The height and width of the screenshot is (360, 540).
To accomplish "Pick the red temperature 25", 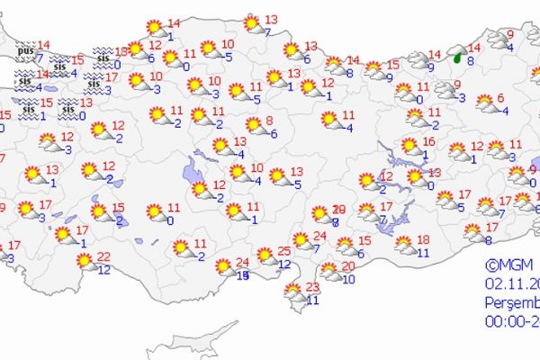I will pyautogui.click(x=283, y=250).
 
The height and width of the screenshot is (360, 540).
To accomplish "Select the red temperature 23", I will pyautogui.click(x=313, y=287).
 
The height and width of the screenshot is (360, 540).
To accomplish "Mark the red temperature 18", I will pyautogui.click(x=423, y=238).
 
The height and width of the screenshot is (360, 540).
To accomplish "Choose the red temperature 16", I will pyautogui.click(x=428, y=142).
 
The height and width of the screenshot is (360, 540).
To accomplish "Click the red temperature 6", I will pyautogui.click(x=500, y=99).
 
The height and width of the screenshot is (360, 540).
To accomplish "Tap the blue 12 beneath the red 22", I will pyautogui.click(x=103, y=269).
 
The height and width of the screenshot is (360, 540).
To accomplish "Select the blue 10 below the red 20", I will pyautogui.click(x=348, y=279).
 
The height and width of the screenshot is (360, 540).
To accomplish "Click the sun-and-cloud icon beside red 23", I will pyautogui.click(x=292, y=291).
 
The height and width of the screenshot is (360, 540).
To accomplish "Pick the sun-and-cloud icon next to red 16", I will pyautogui.click(x=409, y=145).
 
